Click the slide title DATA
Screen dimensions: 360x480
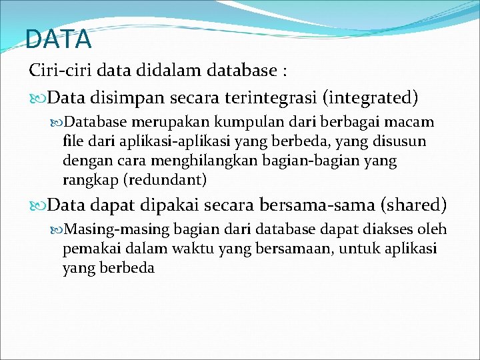pos(58,39)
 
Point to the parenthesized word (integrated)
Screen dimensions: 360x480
pos(371,99)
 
